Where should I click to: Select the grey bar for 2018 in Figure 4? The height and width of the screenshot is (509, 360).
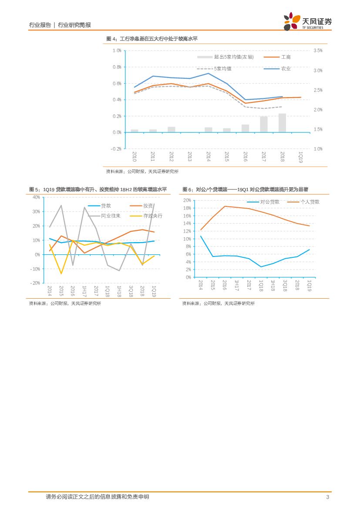pos(282,123)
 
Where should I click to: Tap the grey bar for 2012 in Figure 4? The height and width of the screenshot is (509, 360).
pos(172,129)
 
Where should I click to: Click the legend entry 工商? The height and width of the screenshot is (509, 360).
pos(286,57)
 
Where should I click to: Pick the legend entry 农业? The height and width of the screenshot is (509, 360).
pos(286,69)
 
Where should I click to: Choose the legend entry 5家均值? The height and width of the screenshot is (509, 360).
pos(223,69)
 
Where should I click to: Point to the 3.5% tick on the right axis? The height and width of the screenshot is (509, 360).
pos(318,51)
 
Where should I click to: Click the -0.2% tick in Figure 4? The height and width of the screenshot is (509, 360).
pos(116,149)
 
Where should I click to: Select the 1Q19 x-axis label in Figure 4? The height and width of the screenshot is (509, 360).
pos(300,157)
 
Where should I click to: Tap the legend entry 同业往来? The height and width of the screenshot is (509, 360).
pos(111,216)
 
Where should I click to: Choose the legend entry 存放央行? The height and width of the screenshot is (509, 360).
pos(153,216)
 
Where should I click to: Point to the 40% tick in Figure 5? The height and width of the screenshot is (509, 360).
pos(36,197)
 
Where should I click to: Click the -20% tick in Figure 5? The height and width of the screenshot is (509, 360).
pos(35,283)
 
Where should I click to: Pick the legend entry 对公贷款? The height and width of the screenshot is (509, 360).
pos(270,202)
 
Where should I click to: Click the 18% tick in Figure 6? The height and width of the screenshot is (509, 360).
pos(187,208)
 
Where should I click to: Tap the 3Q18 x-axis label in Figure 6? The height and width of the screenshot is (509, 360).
pos(285,285)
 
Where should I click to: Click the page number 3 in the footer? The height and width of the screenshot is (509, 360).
pos(327,497)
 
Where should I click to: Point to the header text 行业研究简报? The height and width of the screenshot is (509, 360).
pos(74,25)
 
